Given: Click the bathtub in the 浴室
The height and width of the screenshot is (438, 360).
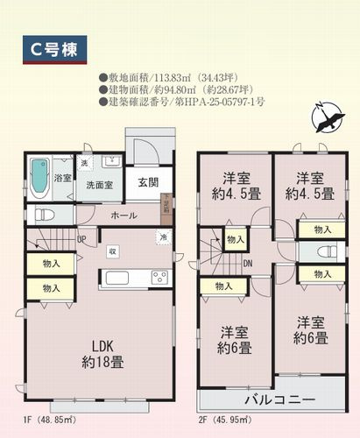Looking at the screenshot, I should click(40, 178).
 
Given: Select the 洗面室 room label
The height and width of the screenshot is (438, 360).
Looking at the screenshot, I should click(97, 185).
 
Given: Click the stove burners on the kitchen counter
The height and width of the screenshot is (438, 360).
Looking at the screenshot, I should click(159, 278).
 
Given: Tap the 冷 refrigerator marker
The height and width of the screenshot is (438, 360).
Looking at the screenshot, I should click(162, 237).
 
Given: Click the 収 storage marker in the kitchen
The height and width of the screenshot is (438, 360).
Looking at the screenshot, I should click(112, 252).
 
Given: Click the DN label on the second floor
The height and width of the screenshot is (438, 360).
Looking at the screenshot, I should click(248, 263).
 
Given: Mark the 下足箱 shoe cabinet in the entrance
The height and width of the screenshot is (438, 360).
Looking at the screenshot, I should click(166, 208).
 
